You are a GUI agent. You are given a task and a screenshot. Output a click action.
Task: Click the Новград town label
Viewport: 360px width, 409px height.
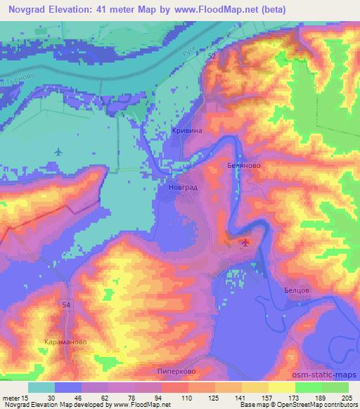click(181, 188)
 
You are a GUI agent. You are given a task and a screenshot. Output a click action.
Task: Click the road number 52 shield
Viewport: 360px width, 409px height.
click(212, 55)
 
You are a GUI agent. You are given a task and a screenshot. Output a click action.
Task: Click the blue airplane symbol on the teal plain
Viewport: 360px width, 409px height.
click(58, 151)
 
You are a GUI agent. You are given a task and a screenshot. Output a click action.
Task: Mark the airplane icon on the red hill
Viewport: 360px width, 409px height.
click(244, 243)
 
